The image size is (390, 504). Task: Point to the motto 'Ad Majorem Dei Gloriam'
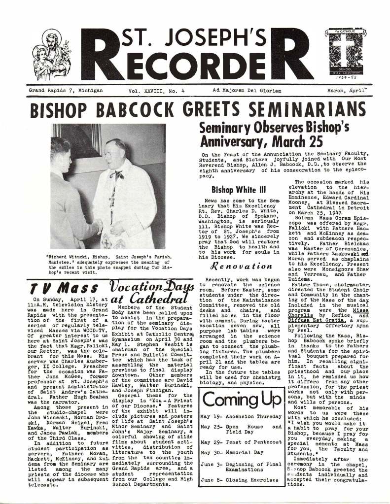(243, 91)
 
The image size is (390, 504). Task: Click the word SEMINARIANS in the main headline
(311, 109)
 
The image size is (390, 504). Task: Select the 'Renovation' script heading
(241, 267)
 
